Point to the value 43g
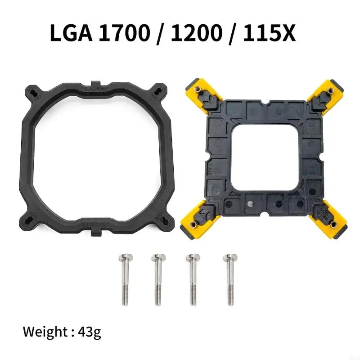(x=89, y=333)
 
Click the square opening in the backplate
(x=260, y=153)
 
